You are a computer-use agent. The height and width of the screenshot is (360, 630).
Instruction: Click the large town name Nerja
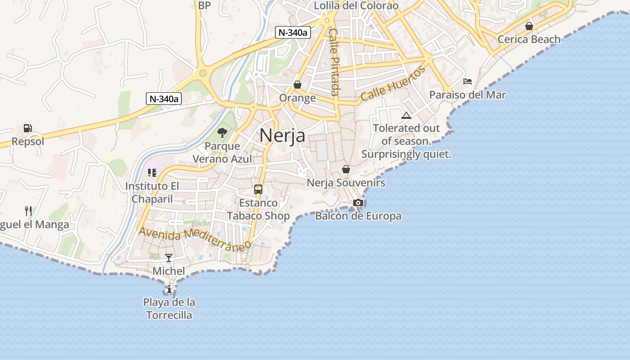pos(282,135)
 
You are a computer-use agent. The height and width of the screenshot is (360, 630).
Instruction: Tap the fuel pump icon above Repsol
pos(27,128)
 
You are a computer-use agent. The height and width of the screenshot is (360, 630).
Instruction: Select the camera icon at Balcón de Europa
pos(358,202)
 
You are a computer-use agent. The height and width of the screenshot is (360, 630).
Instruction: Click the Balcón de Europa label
pos(358,216)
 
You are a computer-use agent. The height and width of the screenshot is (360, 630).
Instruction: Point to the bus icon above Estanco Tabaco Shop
pos(258,189)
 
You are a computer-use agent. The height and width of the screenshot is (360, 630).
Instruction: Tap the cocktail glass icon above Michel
pos(169,258)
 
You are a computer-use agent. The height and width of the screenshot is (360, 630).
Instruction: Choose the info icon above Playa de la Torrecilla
pos(169,289)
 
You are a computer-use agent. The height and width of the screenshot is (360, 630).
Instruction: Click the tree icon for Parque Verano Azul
pos(222,133)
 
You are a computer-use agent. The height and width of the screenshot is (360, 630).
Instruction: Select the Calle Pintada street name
pos(334,62)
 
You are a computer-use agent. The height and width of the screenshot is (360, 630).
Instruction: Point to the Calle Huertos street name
pos(392,84)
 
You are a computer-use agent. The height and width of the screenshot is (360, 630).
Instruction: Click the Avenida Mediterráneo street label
pos(195,239)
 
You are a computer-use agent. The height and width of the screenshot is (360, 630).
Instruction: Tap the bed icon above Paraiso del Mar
pos(468,81)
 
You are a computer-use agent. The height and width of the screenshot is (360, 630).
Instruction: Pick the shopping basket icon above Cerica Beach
pos(529,26)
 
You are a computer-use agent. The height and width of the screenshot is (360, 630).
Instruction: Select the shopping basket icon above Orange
pos(297,85)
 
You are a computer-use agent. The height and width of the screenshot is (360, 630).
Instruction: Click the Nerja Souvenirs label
pos(346,183)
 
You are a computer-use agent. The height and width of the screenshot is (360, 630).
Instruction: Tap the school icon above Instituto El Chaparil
pos(152,173)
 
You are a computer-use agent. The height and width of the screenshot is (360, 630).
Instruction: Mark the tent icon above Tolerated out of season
pos(406,115)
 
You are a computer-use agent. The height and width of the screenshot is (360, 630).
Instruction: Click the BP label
pos(204,5)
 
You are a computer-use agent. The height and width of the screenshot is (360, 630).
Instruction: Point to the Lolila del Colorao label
pos(356,6)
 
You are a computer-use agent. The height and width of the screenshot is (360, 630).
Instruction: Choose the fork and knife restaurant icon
pos(28,211)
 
